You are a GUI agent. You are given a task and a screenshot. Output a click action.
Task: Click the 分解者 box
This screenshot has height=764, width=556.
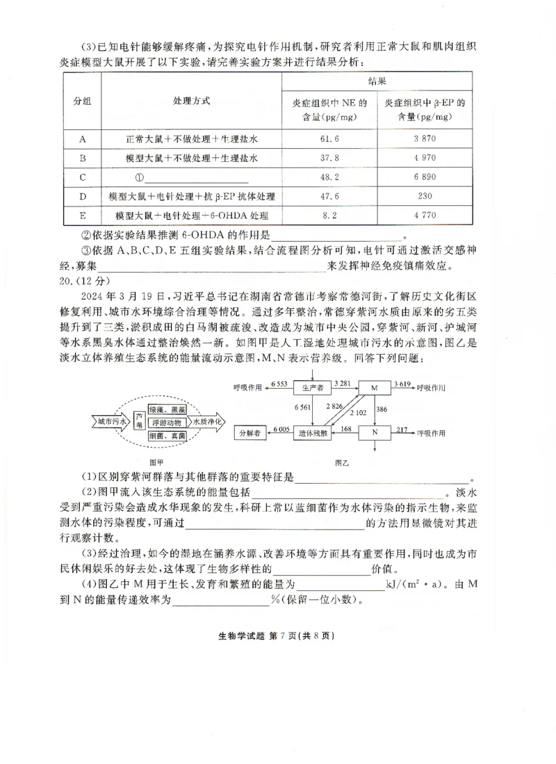pos(250,432)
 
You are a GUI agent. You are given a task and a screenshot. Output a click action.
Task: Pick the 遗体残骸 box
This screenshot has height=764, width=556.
pos(313,432)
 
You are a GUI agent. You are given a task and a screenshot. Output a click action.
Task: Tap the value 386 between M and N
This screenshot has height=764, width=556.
pos(382,409)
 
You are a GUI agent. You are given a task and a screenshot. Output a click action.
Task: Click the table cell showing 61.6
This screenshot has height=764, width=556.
pos(329,139)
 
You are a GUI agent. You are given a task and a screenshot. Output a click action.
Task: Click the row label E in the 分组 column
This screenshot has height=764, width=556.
pos(83,216)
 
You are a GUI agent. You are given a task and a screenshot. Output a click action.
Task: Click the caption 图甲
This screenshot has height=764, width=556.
pos(158,460)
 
